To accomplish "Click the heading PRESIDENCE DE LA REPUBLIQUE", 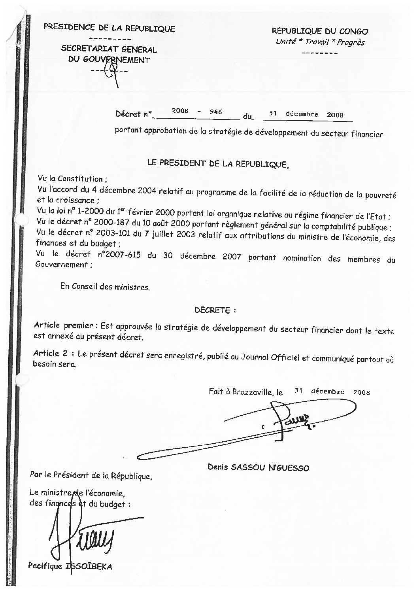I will (109, 28).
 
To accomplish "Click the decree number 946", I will (216, 112).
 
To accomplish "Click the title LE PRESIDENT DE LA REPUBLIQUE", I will (218, 163).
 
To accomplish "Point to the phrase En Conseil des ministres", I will (105, 287).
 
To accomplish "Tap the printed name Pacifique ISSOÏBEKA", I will (70, 566).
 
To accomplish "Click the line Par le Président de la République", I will (91, 475).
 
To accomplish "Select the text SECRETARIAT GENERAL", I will (109, 50).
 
